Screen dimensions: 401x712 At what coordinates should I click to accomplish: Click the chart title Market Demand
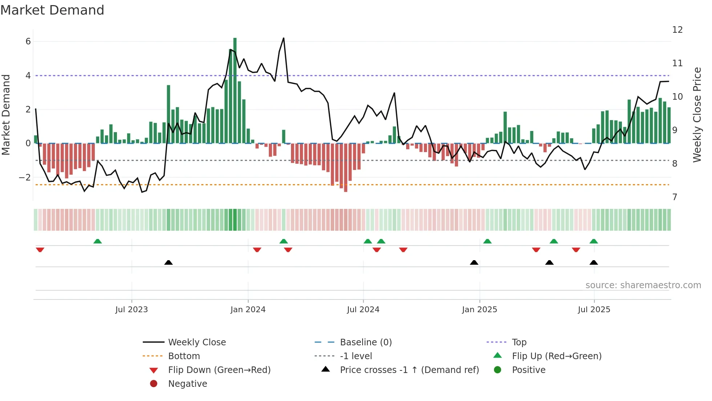[x=52, y=10]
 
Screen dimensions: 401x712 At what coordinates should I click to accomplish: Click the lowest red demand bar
[x=345, y=167]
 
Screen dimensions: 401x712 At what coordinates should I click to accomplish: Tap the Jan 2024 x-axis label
[x=248, y=310]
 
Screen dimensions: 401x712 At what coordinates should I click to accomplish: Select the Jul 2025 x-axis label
[x=594, y=310]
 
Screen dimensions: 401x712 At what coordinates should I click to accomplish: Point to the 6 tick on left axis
[x=28, y=41]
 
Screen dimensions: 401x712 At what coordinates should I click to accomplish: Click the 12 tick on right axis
[x=677, y=30]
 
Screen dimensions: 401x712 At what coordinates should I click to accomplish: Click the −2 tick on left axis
[x=25, y=178]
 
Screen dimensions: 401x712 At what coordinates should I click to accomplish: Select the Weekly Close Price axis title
[x=697, y=115]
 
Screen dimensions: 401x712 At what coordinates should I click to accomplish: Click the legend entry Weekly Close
[x=197, y=342]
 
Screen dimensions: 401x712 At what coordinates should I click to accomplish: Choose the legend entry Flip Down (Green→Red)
[x=219, y=370]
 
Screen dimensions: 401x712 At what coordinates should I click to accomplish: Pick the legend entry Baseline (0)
[x=365, y=342]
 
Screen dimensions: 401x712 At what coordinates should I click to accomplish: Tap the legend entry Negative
[x=187, y=384]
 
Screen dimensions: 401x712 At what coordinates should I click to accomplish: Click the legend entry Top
[x=519, y=342]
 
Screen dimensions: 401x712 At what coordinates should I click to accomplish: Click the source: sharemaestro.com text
[x=643, y=285]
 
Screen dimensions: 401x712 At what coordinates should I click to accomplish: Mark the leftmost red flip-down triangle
[x=40, y=250]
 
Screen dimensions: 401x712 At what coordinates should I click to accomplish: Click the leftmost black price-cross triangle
[x=169, y=262]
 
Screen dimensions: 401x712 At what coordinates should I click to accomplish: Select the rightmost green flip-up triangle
[x=594, y=241]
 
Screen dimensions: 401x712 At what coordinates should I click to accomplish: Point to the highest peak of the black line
[x=284, y=38]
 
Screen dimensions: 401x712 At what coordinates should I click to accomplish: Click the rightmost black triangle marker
[x=594, y=262]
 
